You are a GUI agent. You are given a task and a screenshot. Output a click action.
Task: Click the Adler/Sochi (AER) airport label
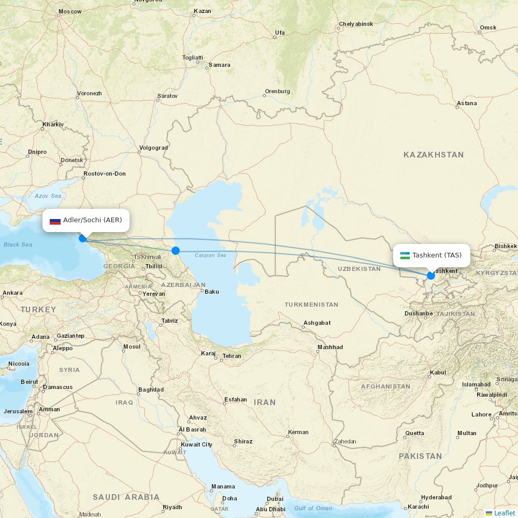click(x=92, y=220)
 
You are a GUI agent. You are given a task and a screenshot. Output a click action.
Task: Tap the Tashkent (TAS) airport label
click(x=437, y=255)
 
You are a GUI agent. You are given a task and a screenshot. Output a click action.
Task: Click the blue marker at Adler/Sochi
click(x=82, y=238)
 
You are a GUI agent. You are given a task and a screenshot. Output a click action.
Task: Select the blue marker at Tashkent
click(x=431, y=276)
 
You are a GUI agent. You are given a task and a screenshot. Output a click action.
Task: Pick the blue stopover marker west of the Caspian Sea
click(x=176, y=251)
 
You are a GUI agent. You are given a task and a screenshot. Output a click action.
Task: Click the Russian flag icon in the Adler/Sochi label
click(x=55, y=221)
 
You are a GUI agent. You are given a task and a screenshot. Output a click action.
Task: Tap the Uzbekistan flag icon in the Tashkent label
click(x=405, y=255)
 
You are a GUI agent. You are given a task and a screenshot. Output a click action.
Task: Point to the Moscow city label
click(x=70, y=11)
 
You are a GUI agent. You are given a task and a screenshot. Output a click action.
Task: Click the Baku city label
click(x=212, y=292)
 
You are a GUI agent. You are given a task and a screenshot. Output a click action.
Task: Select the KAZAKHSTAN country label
click(x=434, y=155)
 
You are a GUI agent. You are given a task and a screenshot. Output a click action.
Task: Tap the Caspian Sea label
click(x=210, y=255)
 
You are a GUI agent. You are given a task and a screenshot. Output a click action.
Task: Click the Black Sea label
click(x=18, y=244)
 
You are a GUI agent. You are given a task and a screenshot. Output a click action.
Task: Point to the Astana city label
click(x=467, y=104)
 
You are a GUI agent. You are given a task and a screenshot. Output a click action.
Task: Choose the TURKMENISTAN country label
click(x=311, y=305)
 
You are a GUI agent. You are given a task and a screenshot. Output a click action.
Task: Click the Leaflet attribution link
click(x=504, y=513)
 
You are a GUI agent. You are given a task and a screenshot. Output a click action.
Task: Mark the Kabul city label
click(x=438, y=372)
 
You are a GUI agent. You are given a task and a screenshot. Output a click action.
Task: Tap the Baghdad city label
click(x=151, y=390)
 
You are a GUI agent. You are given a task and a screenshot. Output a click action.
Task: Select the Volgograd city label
click(x=153, y=148)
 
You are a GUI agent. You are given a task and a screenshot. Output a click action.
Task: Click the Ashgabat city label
click(x=317, y=323)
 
